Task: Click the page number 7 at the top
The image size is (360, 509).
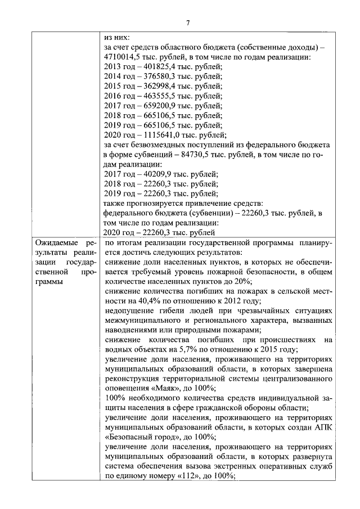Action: coord(188,22)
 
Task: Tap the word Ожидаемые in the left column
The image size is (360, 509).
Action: coord(56,244)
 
